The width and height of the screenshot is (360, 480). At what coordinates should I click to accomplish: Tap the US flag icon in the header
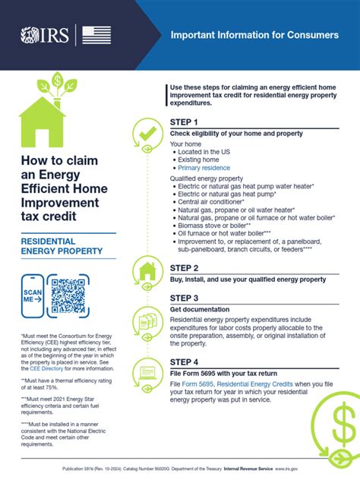pos(96,35)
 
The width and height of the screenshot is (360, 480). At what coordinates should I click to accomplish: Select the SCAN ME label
pos(33,295)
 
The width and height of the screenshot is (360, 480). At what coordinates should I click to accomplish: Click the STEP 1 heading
pos(185,122)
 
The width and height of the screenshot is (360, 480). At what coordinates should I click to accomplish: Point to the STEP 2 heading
pos(185,268)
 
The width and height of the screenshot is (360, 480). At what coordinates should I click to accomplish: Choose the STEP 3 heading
pos(185,298)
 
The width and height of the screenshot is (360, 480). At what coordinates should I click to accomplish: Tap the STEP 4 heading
pos(185,362)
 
